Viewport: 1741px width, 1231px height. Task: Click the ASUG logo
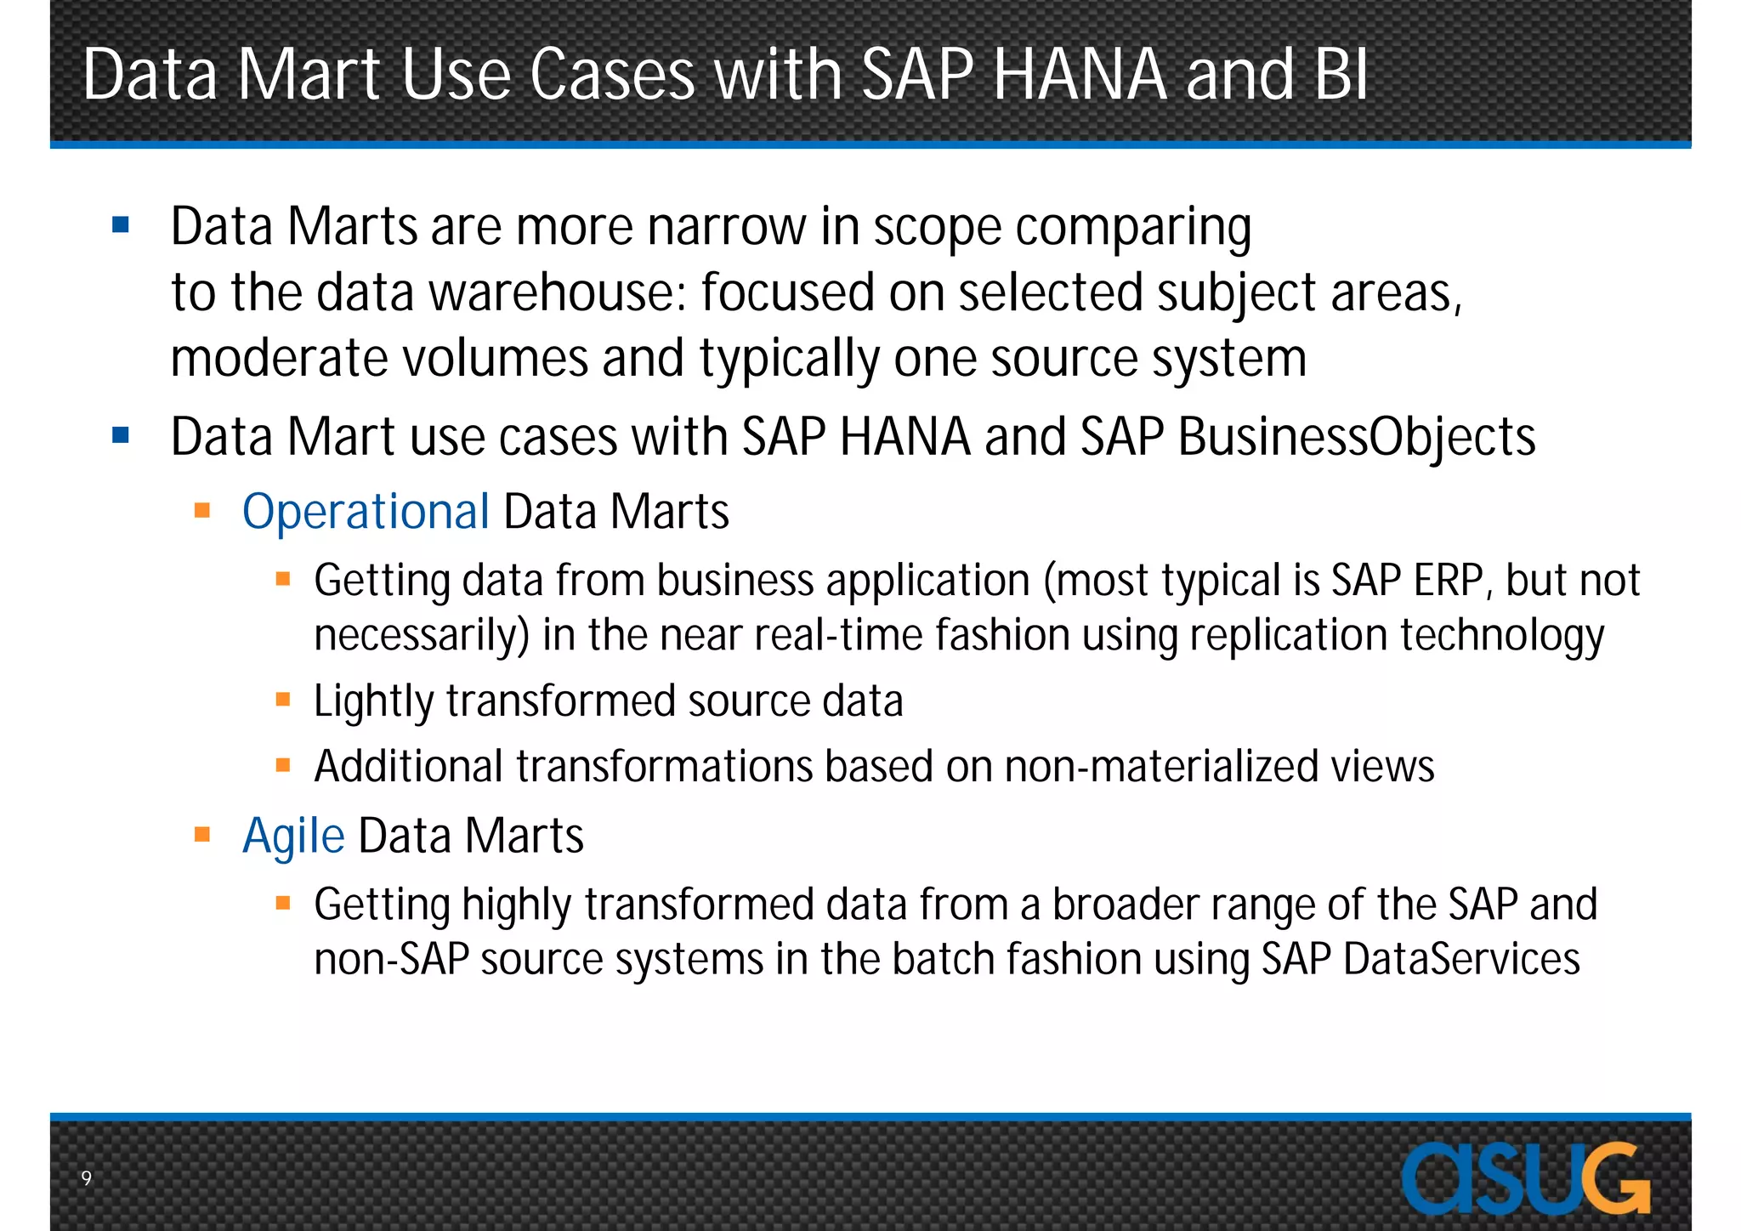[x=1526, y=1178]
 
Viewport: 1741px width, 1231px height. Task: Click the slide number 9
[x=86, y=1177]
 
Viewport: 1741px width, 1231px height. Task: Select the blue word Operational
[x=366, y=512]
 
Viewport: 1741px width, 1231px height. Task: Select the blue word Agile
[x=293, y=836]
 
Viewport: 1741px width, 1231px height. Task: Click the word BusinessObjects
[x=1357, y=438]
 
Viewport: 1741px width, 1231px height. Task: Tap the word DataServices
[x=1461, y=959]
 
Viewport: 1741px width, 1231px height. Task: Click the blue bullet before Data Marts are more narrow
[x=121, y=225]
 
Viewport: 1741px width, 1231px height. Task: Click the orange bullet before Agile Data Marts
[x=202, y=835]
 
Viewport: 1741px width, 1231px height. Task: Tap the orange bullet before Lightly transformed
[x=283, y=701]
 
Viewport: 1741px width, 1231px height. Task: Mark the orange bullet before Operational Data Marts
[x=202, y=511]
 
